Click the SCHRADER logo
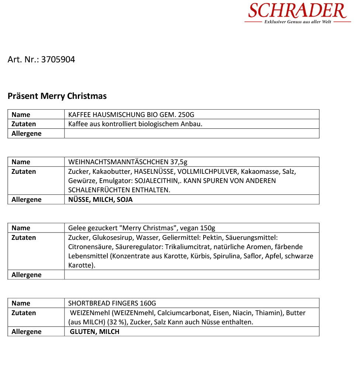297,11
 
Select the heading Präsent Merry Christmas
57,96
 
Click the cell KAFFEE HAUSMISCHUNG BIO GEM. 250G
131,114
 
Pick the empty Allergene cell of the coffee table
191,134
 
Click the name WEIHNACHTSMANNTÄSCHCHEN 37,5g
128,162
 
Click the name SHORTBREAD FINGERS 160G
112,303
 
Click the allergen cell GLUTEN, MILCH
95,332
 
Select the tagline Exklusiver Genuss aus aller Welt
298,22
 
